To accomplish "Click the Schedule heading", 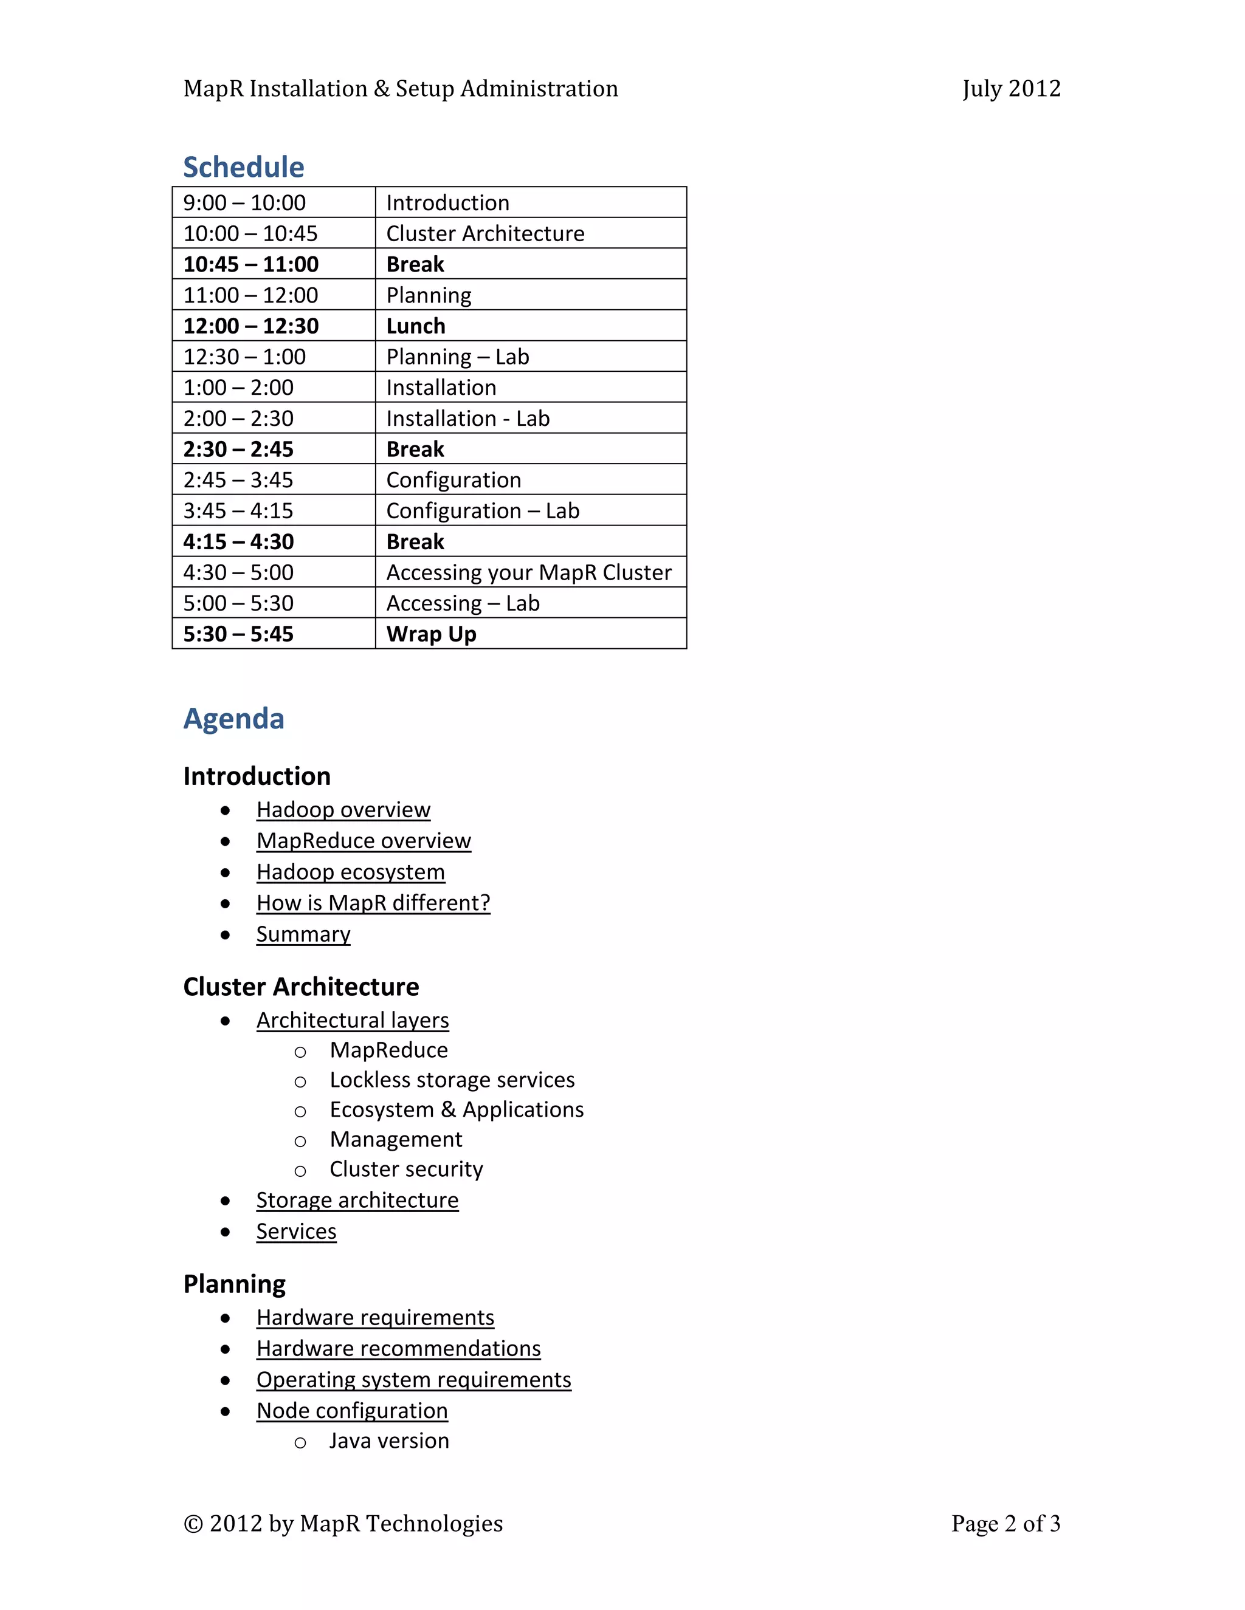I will [x=243, y=167].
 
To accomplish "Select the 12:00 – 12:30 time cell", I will [x=251, y=326].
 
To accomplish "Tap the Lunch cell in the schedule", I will [x=416, y=326].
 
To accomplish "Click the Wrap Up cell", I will [x=432, y=634].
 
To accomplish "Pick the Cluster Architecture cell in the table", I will [x=485, y=234].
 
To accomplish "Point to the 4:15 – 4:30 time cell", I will [x=238, y=542].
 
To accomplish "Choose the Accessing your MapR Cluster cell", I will [x=529, y=573].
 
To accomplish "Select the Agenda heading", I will [x=234, y=719].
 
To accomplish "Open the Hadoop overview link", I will [x=343, y=809].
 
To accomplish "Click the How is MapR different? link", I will [x=373, y=903].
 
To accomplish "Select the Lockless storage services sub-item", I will [x=452, y=1080].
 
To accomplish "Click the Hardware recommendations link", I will [x=398, y=1348].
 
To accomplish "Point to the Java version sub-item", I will [x=388, y=1440].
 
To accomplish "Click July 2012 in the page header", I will [x=1011, y=89].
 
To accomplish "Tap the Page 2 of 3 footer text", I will [x=1005, y=1523].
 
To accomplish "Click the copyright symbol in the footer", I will [x=193, y=1524].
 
